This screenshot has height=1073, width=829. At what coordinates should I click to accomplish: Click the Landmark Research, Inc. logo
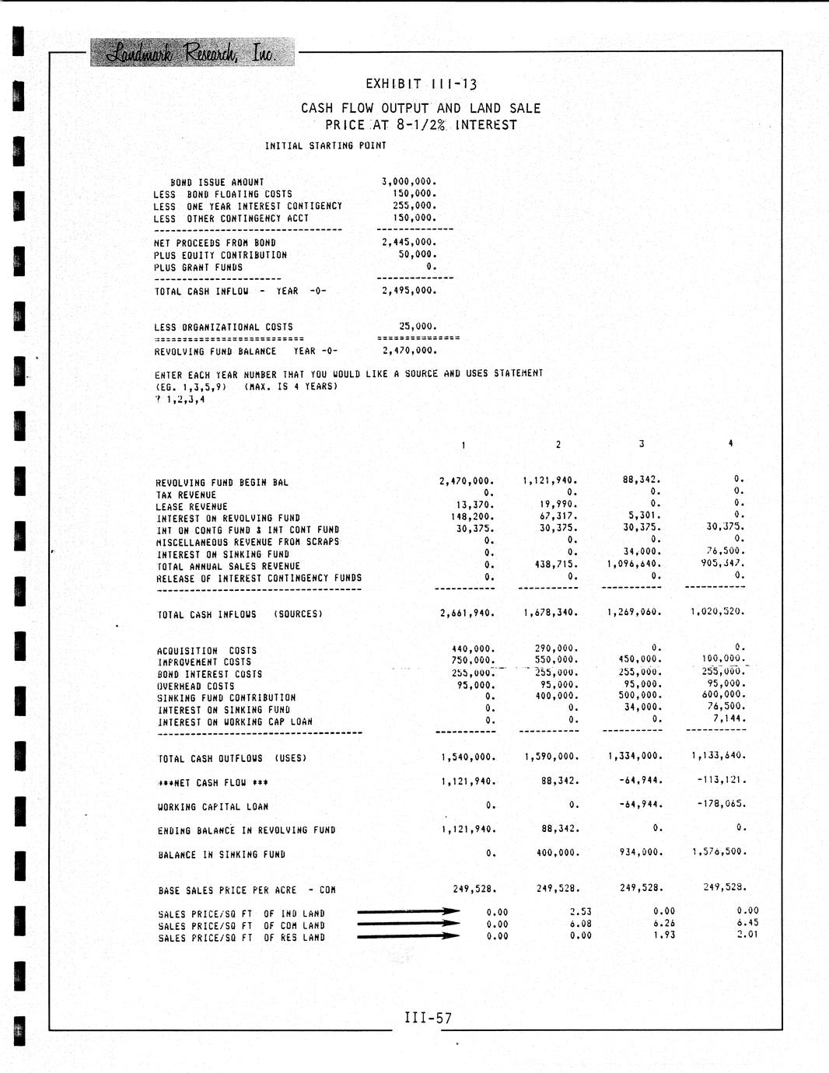coord(192,52)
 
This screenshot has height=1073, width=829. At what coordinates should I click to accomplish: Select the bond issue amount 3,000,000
coord(409,182)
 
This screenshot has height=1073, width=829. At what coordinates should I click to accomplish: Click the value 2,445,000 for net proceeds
coord(409,243)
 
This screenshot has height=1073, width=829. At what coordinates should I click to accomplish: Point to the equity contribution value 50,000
coord(418,254)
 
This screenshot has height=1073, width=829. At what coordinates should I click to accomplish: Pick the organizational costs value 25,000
coord(418,327)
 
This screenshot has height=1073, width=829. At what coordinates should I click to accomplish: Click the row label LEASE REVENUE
coord(192,506)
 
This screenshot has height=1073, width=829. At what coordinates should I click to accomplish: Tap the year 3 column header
coord(642,444)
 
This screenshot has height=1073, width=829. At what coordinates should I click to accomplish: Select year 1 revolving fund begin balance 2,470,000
coord(467,481)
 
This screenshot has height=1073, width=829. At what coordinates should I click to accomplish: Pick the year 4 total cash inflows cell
coord(717,612)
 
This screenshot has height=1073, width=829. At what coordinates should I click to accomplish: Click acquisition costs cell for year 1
coord(473,648)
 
